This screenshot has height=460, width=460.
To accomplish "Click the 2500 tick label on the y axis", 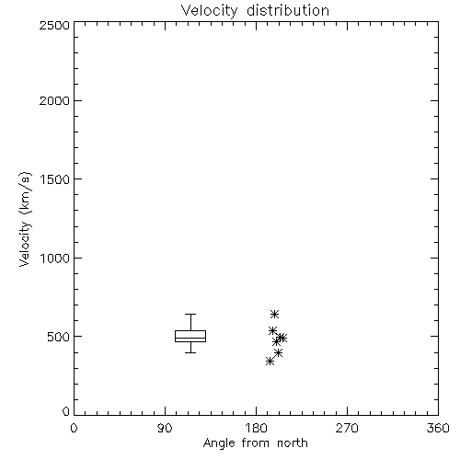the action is (54, 25).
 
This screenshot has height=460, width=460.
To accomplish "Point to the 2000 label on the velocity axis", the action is (54, 100).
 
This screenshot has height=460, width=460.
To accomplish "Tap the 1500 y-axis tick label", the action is (55, 179).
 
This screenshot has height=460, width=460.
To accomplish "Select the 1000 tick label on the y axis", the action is (55, 258).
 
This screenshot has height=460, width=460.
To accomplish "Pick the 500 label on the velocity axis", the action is (59, 337).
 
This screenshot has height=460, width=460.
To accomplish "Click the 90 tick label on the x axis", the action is (165, 428).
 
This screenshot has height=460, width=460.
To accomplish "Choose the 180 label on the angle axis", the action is (256, 428).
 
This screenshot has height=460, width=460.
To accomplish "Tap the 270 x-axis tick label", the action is (347, 428).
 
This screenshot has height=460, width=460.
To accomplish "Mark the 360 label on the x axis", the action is (438, 428).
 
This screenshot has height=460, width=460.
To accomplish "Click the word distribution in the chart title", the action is (288, 10).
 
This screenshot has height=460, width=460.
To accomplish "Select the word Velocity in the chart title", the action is (209, 11).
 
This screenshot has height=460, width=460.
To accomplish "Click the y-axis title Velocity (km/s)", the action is (25, 219).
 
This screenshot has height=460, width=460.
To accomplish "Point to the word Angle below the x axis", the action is (219, 443).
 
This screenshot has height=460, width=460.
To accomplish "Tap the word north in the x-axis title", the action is (293, 443).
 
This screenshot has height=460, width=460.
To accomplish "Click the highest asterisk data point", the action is (274, 314).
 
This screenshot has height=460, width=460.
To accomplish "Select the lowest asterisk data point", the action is (270, 362).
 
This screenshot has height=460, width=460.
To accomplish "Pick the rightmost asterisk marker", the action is (282, 338).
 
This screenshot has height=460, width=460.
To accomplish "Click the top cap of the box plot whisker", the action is (190, 314).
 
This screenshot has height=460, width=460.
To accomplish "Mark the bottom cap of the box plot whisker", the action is (190, 352).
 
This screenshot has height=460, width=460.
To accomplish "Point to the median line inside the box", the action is (190, 338).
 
